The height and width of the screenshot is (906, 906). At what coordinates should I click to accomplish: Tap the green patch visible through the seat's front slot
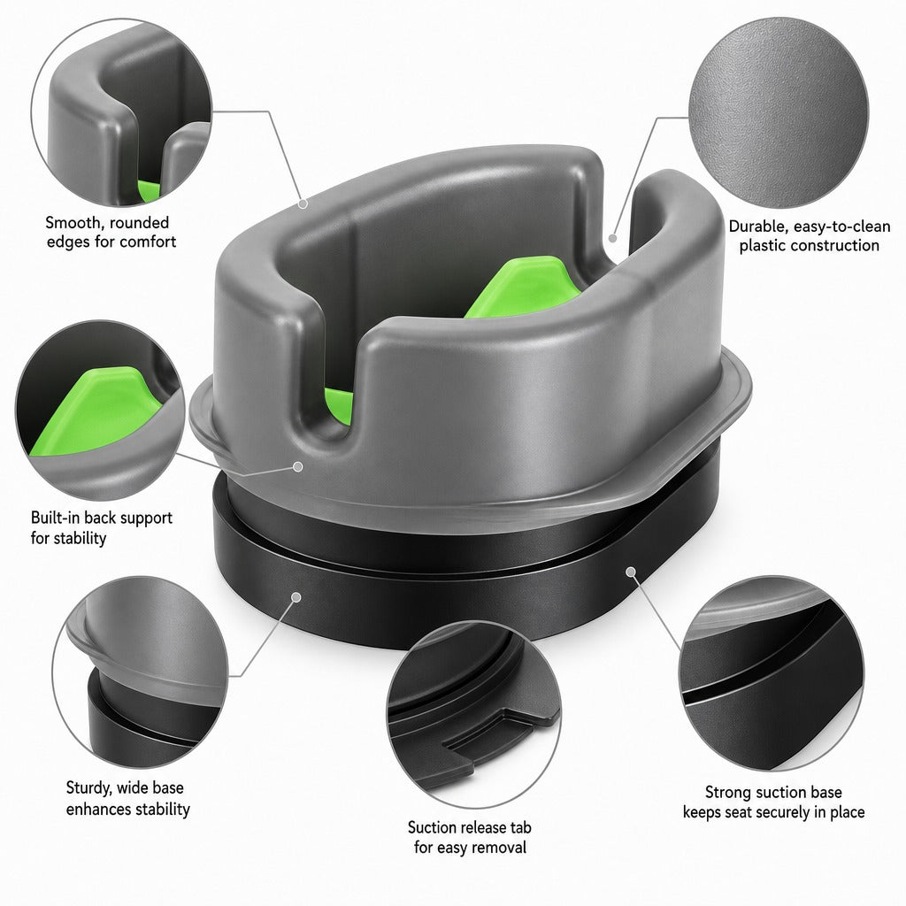(339, 405)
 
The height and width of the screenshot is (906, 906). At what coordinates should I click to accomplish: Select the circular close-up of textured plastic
(779, 112)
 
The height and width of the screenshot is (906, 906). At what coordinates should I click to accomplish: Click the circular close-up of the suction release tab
(473, 715)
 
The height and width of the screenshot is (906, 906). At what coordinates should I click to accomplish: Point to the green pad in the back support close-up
(96, 411)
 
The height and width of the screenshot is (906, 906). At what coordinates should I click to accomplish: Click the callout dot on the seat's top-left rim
(303, 203)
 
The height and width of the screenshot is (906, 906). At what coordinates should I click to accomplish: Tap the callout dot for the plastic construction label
(612, 237)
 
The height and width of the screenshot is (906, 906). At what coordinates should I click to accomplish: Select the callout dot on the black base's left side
(296, 597)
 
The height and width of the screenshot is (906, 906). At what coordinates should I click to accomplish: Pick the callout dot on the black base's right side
(631, 572)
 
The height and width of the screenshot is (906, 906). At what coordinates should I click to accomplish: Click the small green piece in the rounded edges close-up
(149, 191)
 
